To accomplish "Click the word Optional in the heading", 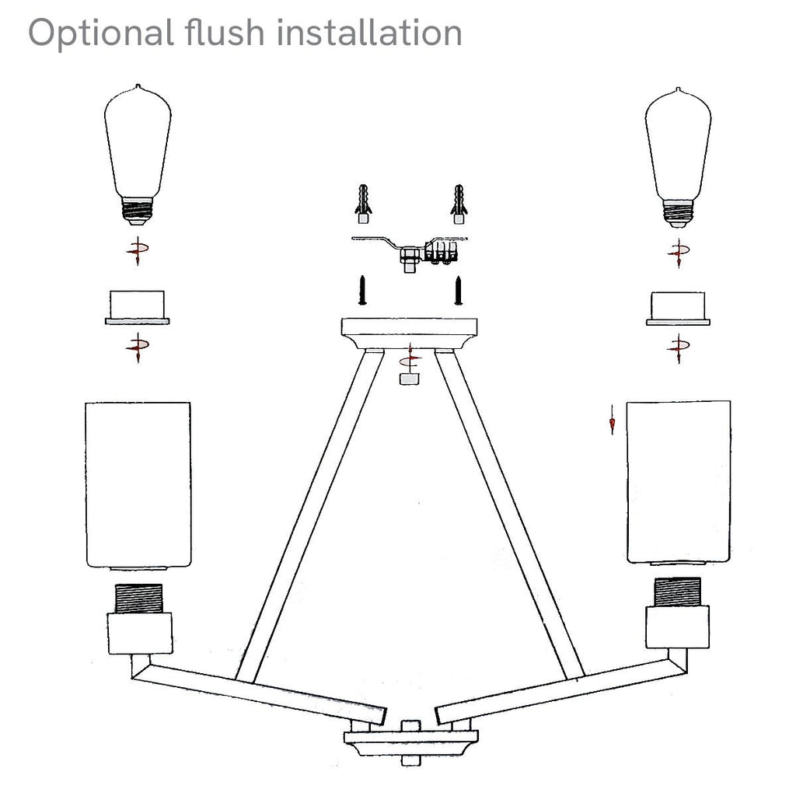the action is [x=101, y=34].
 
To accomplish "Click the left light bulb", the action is [x=138, y=155].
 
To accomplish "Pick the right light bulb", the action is [x=678, y=157].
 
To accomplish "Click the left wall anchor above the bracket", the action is [x=363, y=204].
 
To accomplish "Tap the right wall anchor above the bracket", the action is [x=459, y=204].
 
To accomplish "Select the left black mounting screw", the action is [x=362, y=291].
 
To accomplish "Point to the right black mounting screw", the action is [x=459, y=291].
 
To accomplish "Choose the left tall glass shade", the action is [x=138, y=485].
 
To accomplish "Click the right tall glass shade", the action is [x=679, y=482].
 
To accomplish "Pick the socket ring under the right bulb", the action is [x=678, y=309].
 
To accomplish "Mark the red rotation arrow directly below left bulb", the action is [x=137, y=250].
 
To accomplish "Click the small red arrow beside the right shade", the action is [x=613, y=420].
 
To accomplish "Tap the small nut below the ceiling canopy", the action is [x=409, y=379].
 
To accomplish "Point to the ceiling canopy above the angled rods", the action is [x=409, y=333].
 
